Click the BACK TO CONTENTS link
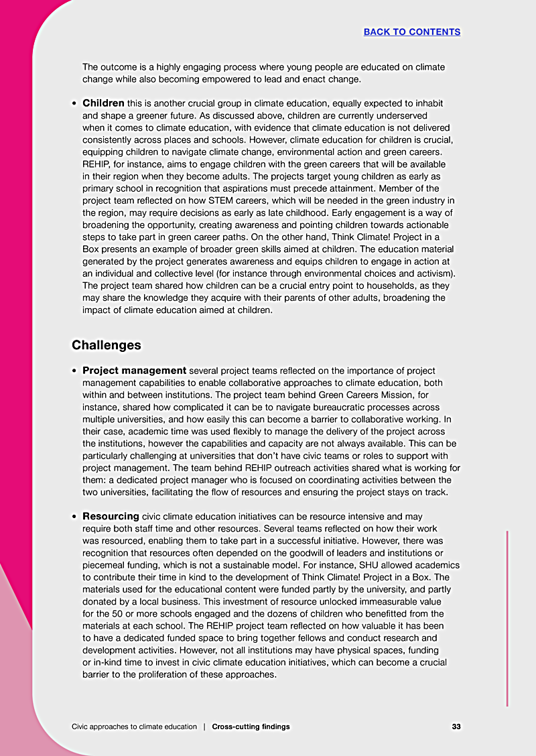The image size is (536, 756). coord(411,31)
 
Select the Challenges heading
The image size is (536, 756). coord(107,345)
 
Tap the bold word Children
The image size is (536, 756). coord(103,103)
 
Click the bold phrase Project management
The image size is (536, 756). coord(134,371)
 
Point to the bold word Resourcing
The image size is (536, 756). coord(111,516)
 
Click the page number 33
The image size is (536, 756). coord(456,727)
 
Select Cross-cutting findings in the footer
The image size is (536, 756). coord(251,727)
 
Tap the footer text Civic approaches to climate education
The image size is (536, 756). coord(134,727)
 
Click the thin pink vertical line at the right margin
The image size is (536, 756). coord(507,617)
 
